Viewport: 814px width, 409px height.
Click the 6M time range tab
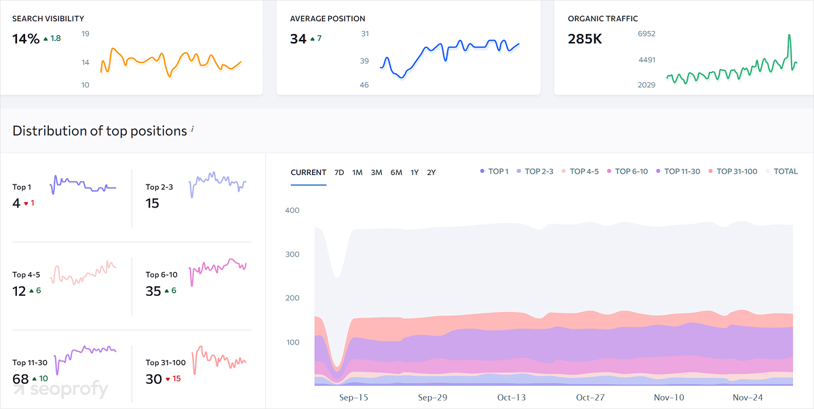tap(396, 172)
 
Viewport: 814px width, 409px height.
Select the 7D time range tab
tap(339, 172)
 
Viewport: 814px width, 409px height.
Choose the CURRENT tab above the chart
tap(309, 172)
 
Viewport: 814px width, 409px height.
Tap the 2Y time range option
tap(431, 172)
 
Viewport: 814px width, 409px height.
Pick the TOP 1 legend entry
tap(494, 172)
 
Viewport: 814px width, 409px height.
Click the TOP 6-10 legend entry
tap(627, 172)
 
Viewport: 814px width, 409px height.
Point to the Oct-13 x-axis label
tap(511, 397)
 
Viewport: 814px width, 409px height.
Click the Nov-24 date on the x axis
tap(748, 397)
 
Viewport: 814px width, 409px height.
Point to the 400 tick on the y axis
tap(292, 210)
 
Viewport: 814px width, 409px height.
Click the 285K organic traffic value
tap(585, 39)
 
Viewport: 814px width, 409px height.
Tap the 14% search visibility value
tap(26, 39)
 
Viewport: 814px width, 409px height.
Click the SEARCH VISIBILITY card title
tap(48, 19)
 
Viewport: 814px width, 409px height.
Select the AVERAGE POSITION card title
tap(328, 19)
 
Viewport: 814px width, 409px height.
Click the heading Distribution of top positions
tap(100, 131)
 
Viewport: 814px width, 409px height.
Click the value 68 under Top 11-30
tap(20, 378)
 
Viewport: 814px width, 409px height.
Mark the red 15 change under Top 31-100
tap(176, 378)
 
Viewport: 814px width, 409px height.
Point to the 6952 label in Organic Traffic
tap(646, 34)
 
